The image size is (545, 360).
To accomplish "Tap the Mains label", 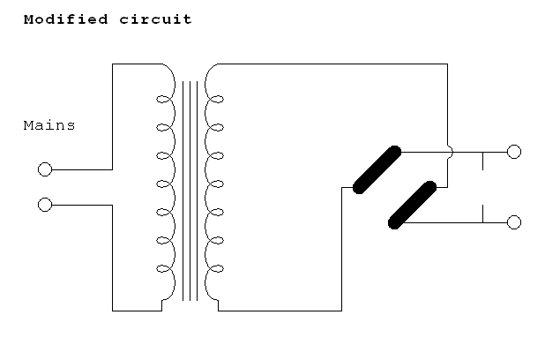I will point(49,125).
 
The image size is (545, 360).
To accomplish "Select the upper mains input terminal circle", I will point(45,169).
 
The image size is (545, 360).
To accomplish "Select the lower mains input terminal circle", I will point(45,205).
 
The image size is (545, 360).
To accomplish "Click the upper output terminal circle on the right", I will point(514,152).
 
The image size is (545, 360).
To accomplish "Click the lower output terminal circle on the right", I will point(514,222).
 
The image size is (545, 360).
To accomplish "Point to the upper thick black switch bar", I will point(377,169).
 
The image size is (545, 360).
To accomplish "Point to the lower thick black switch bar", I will point(413,205).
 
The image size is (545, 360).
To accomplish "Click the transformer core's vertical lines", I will point(190,190).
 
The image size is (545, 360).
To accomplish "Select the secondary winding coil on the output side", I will point(213,185).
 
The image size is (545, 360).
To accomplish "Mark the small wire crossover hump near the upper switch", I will point(450,152).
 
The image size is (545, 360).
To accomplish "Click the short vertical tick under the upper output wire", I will point(482,161).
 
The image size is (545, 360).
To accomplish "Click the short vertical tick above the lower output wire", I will point(482,214).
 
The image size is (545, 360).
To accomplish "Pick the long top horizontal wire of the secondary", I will point(335,64).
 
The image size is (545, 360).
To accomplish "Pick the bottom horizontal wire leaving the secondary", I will point(282,311).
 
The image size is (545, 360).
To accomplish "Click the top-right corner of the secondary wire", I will point(447,64).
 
